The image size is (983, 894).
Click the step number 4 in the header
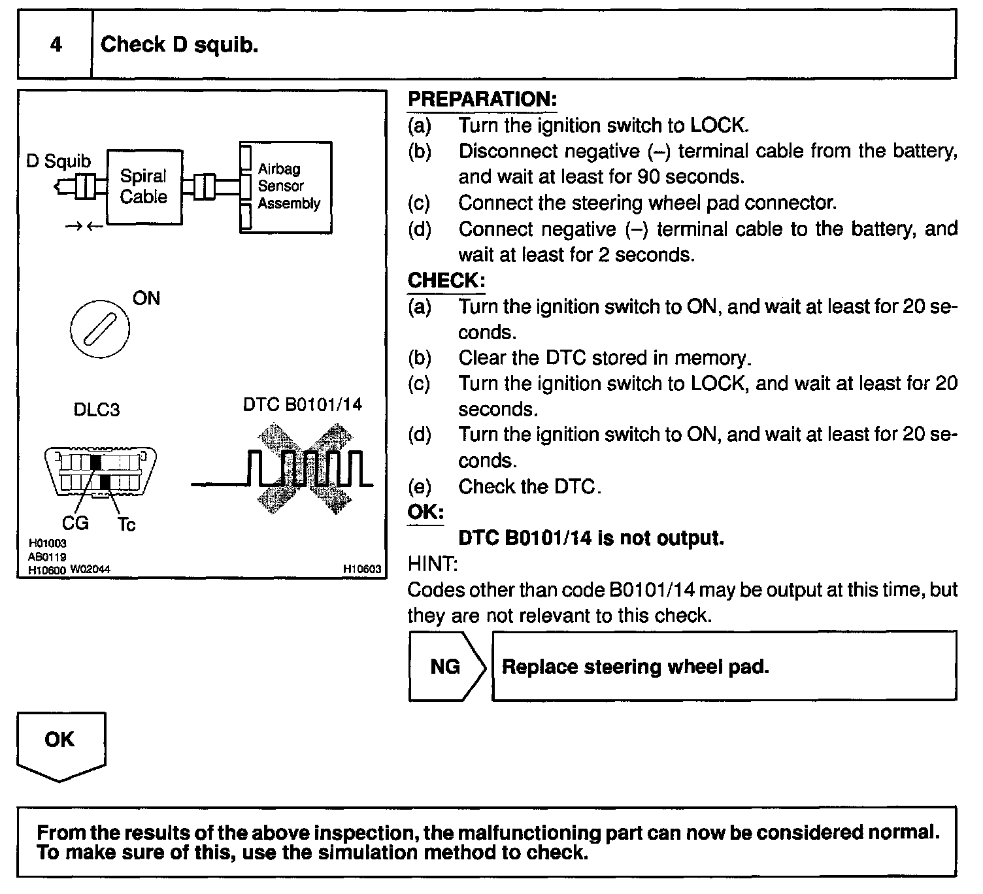click(x=56, y=44)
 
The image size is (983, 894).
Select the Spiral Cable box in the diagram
click(x=144, y=187)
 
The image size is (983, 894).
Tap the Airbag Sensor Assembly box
click(x=286, y=187)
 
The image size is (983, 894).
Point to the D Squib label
click(x=58, y=161)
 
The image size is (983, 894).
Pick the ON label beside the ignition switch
click(x=146, y=299)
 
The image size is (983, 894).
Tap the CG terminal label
click(x=75, y=523)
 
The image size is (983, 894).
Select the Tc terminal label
click(x=127, y=525)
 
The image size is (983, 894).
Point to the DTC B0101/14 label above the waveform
click(x=302, y=405)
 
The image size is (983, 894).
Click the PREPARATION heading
click(x=482, y=100)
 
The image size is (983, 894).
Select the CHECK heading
click(x=446, y=281)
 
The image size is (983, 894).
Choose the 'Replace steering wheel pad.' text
click(x=635, y=667)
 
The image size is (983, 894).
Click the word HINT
click(x=433, y=564)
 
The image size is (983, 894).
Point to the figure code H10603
click(x=362, y=569)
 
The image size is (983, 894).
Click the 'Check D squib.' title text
click(x=180, y=44)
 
